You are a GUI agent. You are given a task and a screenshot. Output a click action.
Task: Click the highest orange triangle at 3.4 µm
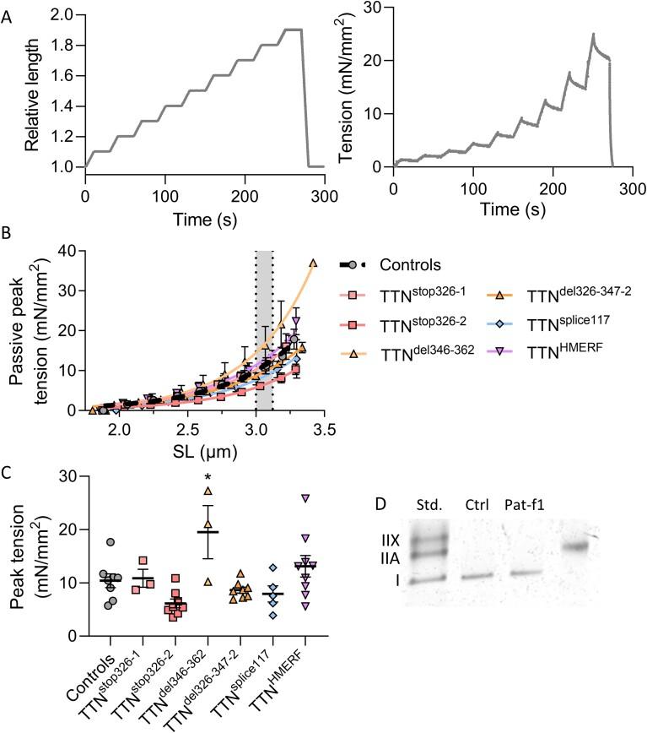(x=313, y=263)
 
